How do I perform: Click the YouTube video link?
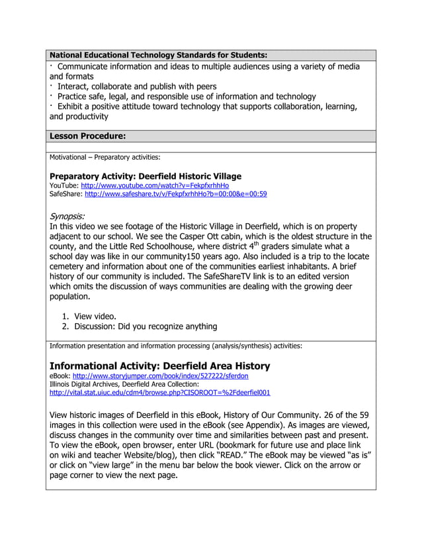(155, 185)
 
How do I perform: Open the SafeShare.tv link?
(175, 194)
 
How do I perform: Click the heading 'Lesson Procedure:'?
(87, 136)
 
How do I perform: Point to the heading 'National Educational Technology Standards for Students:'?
(159, 55)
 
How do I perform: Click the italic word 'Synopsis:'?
(67, 216)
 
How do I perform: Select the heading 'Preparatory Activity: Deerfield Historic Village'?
(146, 176)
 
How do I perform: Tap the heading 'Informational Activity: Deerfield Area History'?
(159, 366)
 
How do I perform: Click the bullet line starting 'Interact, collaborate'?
(136, 87)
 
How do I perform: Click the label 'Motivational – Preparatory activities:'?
(105, 158)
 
